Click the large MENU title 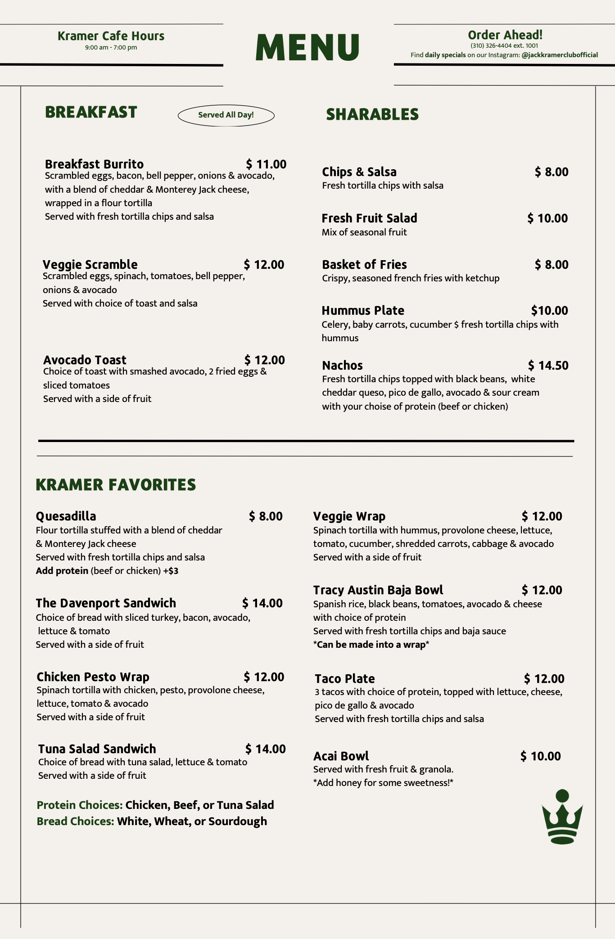click(307, 47)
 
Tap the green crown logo click(562, 817)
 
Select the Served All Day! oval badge click(226, 115)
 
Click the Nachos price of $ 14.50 click(548, 366)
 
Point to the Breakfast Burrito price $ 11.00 click(266, 164)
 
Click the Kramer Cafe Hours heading click(111, 36)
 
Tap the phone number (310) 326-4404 click(491, 45)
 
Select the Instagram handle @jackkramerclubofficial click(560, 55)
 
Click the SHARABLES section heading click(372, 115)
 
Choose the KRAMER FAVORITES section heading click(116, 485)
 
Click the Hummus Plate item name click(363, 311)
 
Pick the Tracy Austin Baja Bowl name click(378, 590)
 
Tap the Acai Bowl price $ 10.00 click(540, 756)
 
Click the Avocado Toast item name click(85, 360)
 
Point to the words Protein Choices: click(80, 805)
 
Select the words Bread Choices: click(75, 821)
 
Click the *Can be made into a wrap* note click(371, 645)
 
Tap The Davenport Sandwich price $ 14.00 click(262, 603)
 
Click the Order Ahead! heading click(505, 35)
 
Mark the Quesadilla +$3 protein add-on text click(171, 571)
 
